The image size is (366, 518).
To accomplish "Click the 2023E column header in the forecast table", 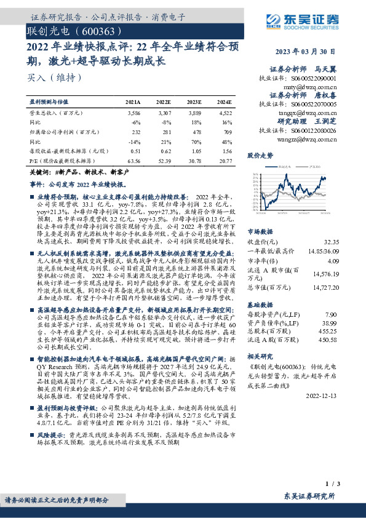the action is (194, 102).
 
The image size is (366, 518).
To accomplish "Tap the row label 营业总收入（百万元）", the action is (56, 114).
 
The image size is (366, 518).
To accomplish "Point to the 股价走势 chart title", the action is (260, 156).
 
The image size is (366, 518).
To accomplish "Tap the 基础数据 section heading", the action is (261, 304).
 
